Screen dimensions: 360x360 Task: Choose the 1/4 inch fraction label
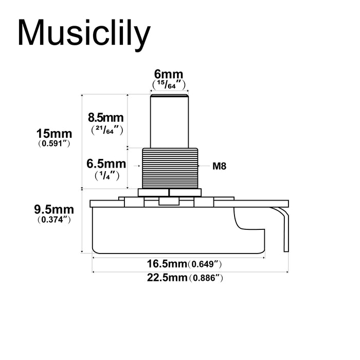tap(106, 175)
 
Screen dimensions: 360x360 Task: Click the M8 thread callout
tap(220, 166)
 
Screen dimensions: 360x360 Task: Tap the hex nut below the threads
tap(169, 192)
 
